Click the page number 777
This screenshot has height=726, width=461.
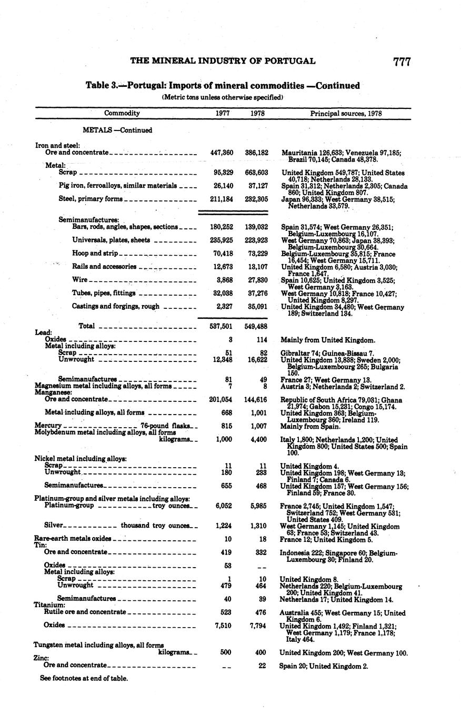coord(401,62)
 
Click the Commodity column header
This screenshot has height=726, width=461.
coord(122,113)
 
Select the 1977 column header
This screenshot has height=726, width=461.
coord(223,113)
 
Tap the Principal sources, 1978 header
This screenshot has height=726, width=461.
coord(346,113)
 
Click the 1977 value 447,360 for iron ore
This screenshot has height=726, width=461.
coord(221,153)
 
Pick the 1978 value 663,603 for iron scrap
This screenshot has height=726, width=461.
coord(256,173)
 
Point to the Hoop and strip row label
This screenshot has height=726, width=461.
coord(95,253)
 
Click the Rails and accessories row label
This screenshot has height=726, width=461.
coord(104,267)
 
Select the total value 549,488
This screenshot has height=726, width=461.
coord(256,326)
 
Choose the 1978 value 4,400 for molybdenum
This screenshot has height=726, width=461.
coord(259,439)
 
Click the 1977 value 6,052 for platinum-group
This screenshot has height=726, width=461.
coord(224,506)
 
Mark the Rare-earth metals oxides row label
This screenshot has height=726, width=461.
coord(73,539)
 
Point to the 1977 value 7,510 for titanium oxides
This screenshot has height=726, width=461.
coord(224,625)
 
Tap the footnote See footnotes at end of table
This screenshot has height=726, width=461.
coord(84,678)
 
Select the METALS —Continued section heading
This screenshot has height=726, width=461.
coord(117,130)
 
